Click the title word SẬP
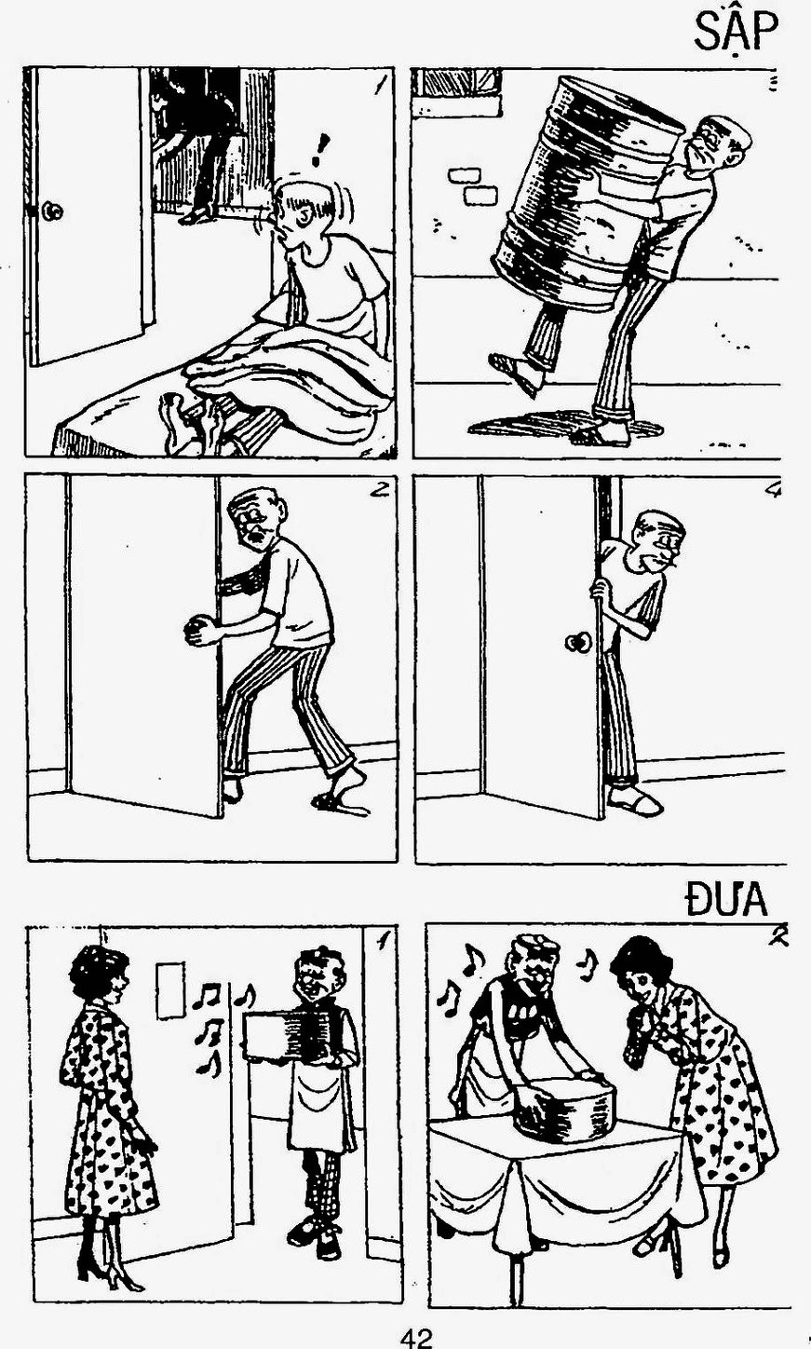(x=737, y=34)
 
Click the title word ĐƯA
(x=726, y=899)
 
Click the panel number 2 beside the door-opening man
(x=378, y=490)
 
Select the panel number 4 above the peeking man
(x=773, y=491)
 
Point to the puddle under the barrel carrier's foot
(x=565, y=425)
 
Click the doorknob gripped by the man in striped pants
(x=195, y=630)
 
